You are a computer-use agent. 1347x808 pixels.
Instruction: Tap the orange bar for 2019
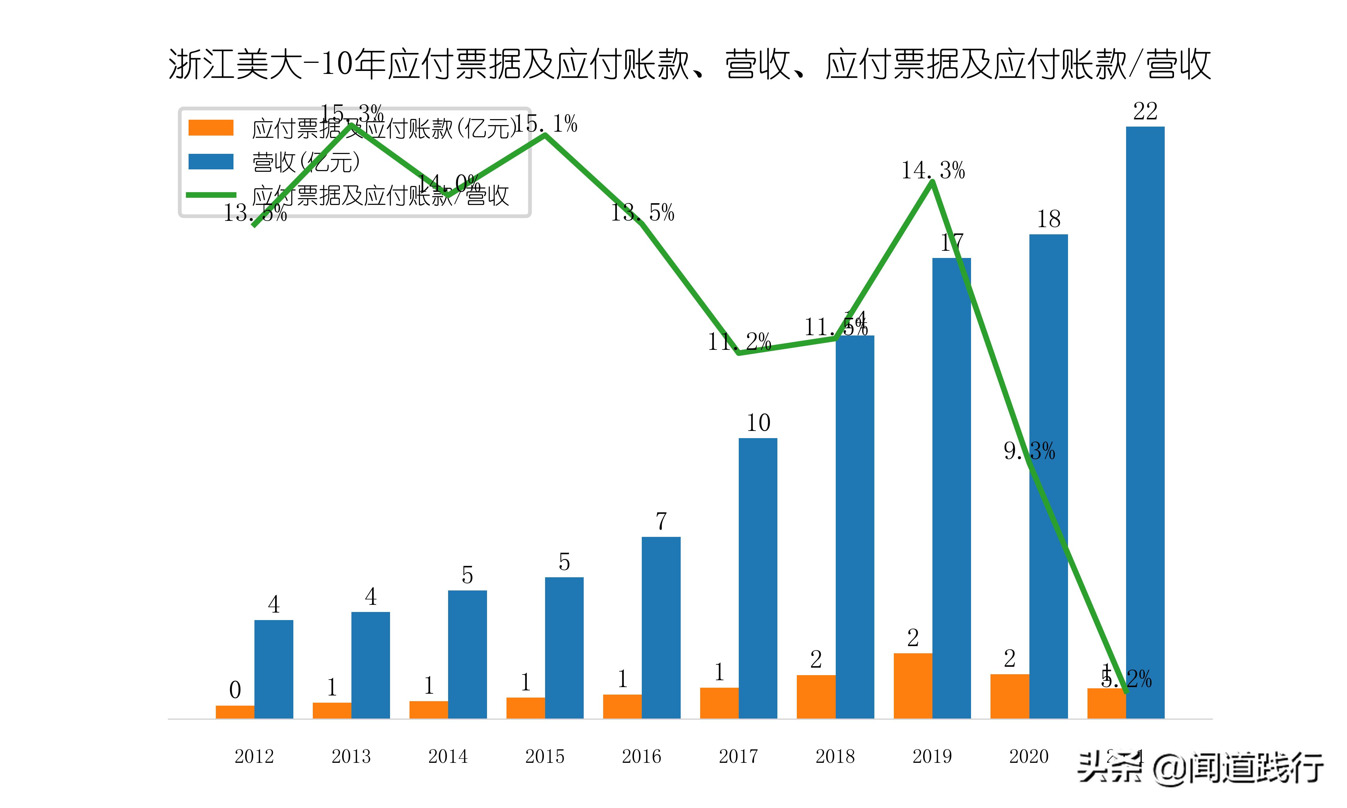[x=913, y=686]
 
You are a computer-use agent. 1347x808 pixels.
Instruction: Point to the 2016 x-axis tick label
[x=641, y=756]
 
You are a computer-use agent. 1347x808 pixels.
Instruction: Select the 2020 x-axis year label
[x=1029, y=756]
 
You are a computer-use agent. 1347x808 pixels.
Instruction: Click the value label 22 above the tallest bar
[x=1145, y=112]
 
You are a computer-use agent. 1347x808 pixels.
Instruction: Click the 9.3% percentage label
[x=1029, y=451]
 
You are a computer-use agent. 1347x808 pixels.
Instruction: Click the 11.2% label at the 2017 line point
[x=739, y=342]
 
